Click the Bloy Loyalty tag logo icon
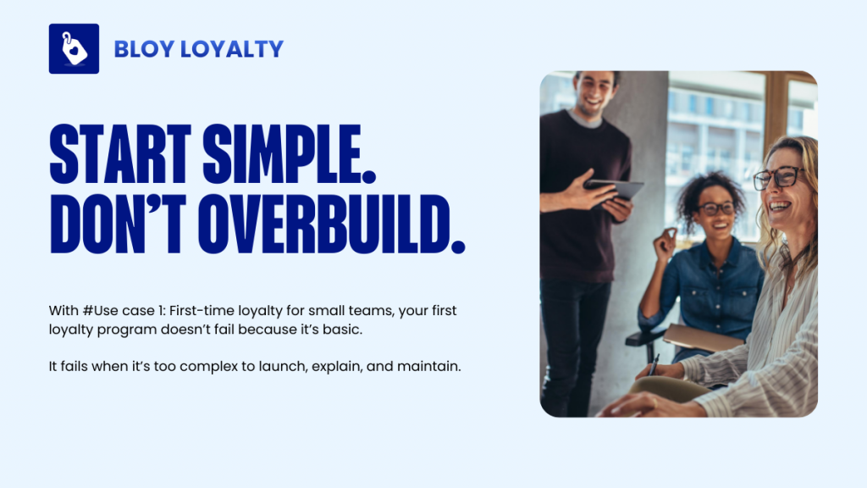coord(74,48)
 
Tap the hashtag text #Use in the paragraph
coord(97,311)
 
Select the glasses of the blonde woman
coord(776,178)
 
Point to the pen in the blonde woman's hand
coord(654,365)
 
